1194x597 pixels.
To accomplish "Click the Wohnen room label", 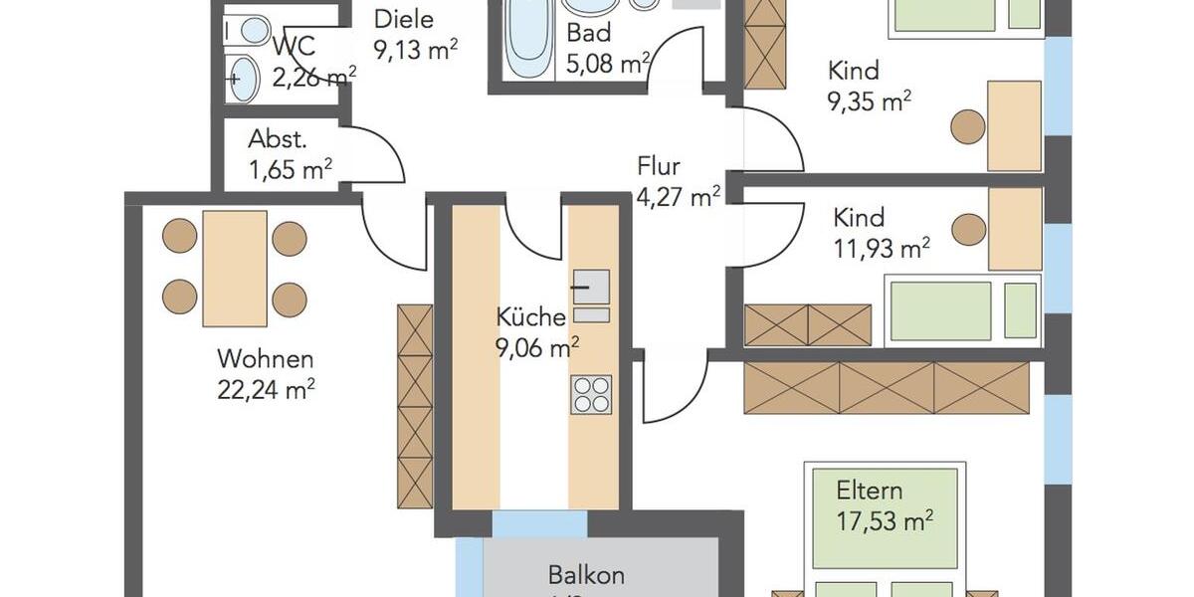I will pyautogui.click(x=266, y=359).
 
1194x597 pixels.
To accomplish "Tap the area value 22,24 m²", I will pyautogui.click(x=266, y=390).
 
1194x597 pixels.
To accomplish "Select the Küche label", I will pyautogui.click(x=531, y=318).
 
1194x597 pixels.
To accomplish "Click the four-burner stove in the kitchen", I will pyautogui.click(x=591, y=394).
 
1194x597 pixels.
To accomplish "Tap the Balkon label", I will pyautogui.click(x=586, y=575).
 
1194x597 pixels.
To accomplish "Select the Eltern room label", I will pyautogui.click(x=869, y=491).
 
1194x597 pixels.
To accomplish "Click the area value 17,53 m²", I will pyautogui.click(x=884, y=520).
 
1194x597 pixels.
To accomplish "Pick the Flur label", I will pyautogui.click(x=659, y=167).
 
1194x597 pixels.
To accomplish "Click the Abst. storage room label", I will pyautogui.click(x=277, y=139).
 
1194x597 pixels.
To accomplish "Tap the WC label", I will pyautogui.click(x=293, y=46).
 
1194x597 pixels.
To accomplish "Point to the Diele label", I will pyautogui.click(x=403, y=20).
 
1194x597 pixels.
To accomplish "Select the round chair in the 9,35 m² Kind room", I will pyautogui.click(x=966, y=127).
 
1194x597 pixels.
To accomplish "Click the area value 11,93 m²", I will pyautogui.click(x=882, y=248).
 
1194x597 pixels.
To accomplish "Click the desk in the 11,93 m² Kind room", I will pyautogui.click(x=1015, y=229).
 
